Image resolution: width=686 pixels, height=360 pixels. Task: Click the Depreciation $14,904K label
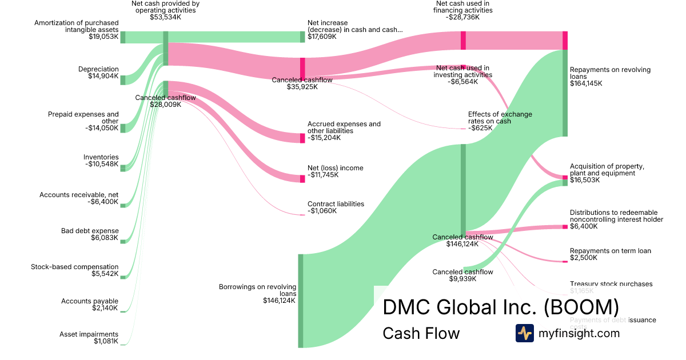click(x=98, y=73)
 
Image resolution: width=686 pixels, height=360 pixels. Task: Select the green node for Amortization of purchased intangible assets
click(x=122, y=37)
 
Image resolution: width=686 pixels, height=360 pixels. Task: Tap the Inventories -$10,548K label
click(x=101, y=161)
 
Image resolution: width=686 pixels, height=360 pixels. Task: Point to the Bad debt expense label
click(x=90, y=231)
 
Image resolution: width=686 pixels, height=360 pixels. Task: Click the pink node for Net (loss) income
click(x=302, y=179)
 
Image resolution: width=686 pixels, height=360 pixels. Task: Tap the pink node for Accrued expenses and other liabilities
click(x=302, y=138)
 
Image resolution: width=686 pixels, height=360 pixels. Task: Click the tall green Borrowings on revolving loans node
click(x=300, y=301)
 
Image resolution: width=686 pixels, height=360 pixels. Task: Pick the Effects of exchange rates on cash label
click(x=500, y=121)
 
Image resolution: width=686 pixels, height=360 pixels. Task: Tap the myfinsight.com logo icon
click(x=524, y=333)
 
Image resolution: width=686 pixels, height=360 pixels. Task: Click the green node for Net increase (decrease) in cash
click(x=302, y=37)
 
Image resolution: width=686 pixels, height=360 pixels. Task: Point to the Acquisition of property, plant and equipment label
click(x=607, y=173)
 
